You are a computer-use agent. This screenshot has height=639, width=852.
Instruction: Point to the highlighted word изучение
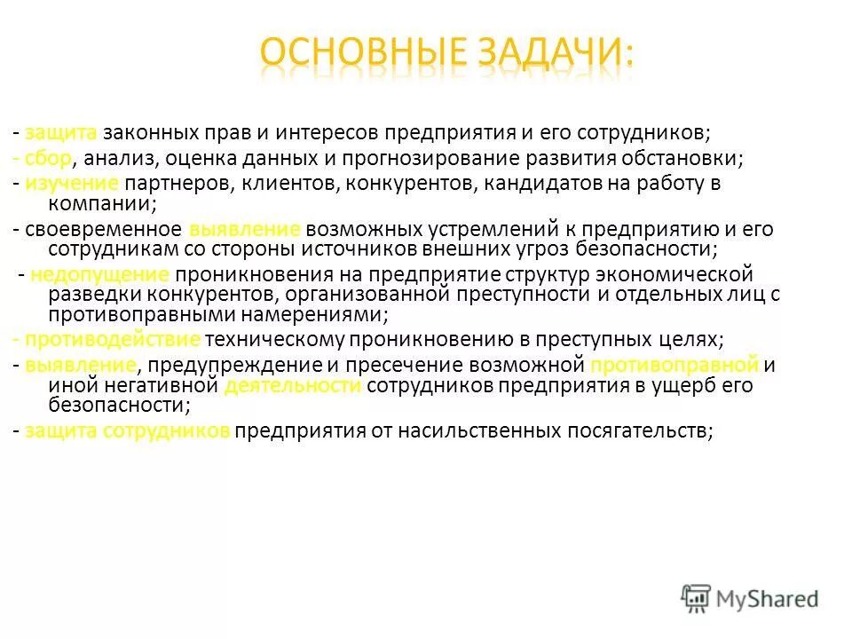point(71,184)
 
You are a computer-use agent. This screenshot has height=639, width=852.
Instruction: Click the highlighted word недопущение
point(99,272)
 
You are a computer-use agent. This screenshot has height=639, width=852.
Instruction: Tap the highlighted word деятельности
point(293,386)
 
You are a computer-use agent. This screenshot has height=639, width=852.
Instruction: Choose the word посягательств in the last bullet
point(641,430)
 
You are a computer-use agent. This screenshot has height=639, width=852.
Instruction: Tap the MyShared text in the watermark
point(769,599)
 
